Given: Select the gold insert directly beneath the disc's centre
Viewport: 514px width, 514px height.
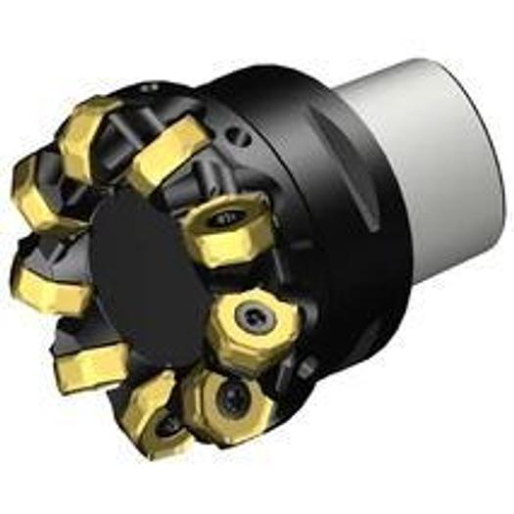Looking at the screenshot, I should tap(147, 407).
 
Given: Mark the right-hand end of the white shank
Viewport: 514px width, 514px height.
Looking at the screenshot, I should tap(485, 147).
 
